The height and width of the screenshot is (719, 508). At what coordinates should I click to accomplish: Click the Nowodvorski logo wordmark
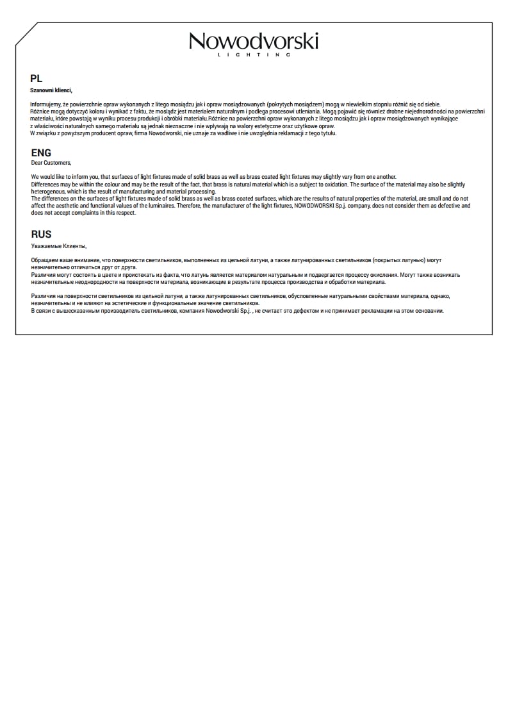pyautogui.click(x=254, y=42)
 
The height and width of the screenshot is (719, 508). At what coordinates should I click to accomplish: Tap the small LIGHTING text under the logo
pyautogui.click(x=254, y=56)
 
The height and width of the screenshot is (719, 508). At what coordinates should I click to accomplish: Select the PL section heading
pyautogui.click(x=36, y=79)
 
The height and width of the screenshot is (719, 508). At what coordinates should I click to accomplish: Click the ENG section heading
pyautogui.click(x=41, y=153)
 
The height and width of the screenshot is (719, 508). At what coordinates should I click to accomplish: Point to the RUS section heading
pyautogui.click(x=41, y=235)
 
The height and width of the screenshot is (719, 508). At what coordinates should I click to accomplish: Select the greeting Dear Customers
pyautogui.click(x=51, y=163)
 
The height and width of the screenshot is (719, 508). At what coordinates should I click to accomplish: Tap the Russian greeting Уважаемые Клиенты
pyautogui.click(x=58, y=245)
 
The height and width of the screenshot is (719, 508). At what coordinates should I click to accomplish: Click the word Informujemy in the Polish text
pyautogui.click(x=45, y=104)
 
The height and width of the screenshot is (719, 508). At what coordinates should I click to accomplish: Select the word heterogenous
pyautogui.click(x=48, y=192)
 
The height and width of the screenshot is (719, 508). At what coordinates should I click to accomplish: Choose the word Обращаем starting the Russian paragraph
pyautogui.click(x=45, y=260)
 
